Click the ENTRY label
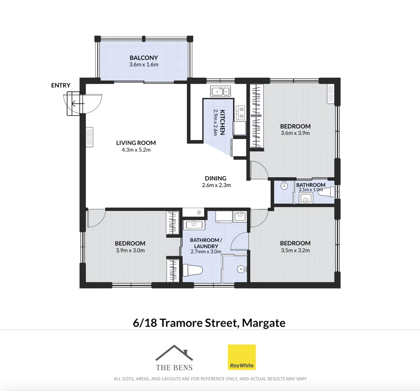60,85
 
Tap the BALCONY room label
144,58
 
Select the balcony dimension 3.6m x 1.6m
144,65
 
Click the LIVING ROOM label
136,143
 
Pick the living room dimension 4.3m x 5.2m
136,150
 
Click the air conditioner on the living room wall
89,137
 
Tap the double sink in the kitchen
220,91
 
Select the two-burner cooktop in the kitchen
240,113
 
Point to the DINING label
215,178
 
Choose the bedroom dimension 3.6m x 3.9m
295,133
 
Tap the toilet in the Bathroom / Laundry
192,270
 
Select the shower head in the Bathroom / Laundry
242,269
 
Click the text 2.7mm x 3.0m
206,252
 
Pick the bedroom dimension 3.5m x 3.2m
295,250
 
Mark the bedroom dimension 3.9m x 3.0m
130,251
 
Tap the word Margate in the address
264,323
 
